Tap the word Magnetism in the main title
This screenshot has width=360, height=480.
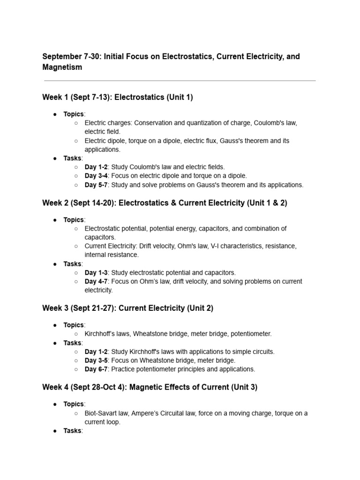[x=62, y=67]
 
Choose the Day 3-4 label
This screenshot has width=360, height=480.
[x=96, y=176]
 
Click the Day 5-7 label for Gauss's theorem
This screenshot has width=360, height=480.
[x=96, y=185]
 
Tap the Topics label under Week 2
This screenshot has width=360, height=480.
[x=74, y=220]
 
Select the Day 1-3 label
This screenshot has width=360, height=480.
[x=96, y=272]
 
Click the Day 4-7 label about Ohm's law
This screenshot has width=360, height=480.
[x=96, y=281]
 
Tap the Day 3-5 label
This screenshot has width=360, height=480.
[x=96, y=360]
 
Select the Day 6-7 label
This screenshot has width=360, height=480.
[x=96, y=369]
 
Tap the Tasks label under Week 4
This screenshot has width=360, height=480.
[x=73, y=431]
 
